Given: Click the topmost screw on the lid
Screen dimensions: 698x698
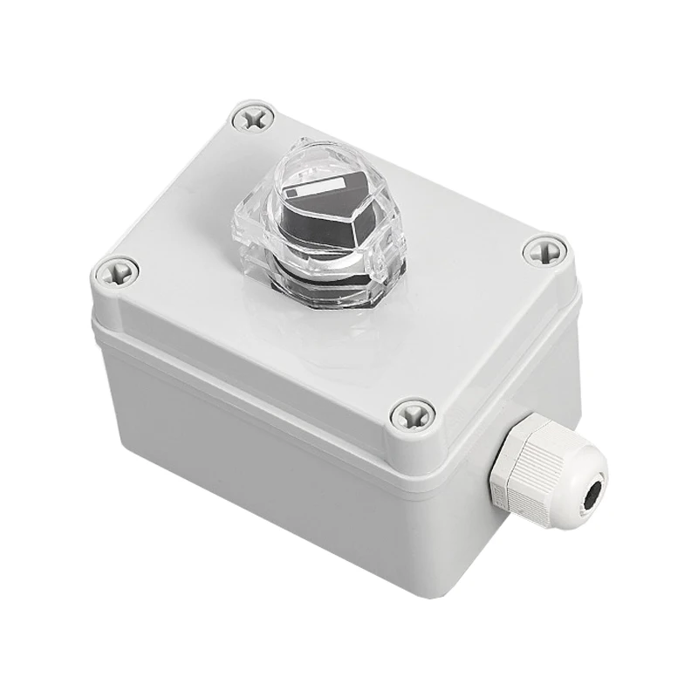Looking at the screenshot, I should [x=254, y=117].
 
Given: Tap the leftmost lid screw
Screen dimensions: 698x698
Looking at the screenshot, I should [x=116, y=272].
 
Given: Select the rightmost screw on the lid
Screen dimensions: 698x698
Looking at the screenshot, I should [x=546, y=252].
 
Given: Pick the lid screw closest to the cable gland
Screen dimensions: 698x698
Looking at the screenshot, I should [x=412, y=414].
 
